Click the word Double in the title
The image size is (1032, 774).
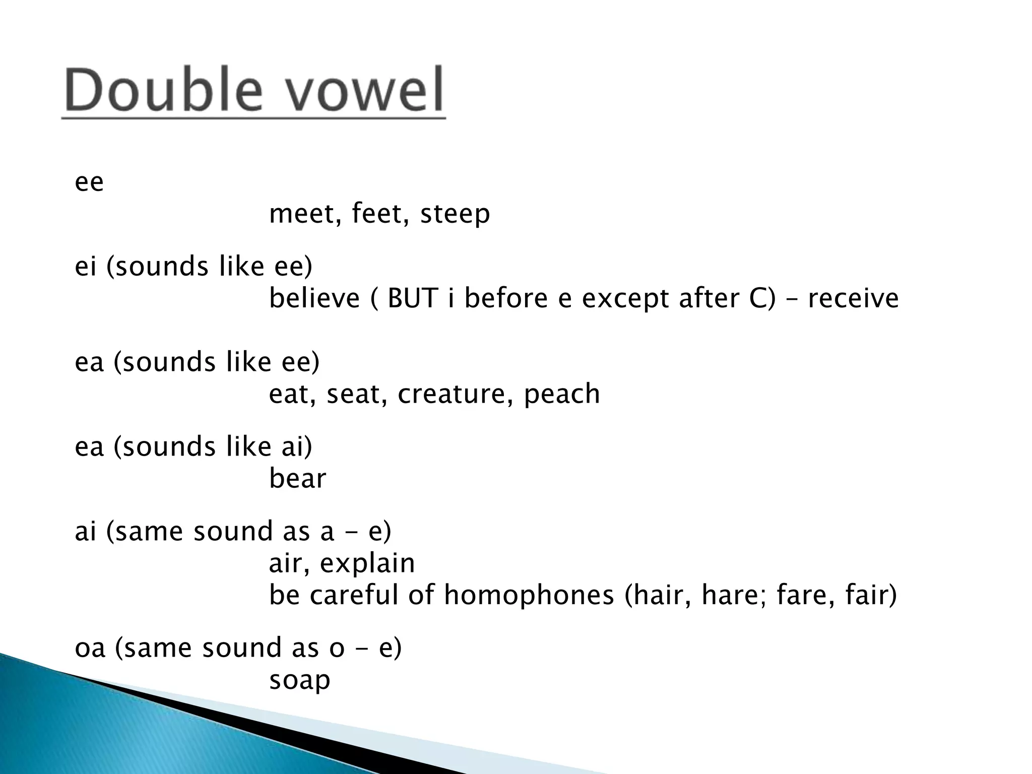164,91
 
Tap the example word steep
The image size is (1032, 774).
455,215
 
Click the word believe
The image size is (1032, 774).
314,298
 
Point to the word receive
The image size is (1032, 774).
853,298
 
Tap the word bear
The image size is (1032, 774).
297,478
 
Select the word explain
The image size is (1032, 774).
367,564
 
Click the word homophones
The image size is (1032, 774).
529,596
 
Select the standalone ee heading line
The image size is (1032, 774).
89,182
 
